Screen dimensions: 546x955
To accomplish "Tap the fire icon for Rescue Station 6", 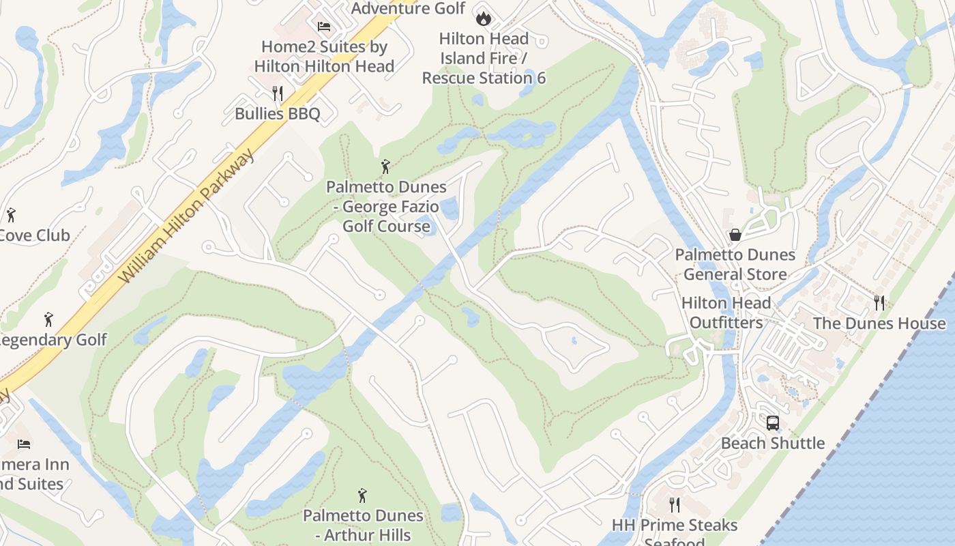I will pos(484,18).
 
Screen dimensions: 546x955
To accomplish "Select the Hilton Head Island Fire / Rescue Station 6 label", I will pos(484,59).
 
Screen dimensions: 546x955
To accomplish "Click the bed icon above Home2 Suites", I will pos(324,27).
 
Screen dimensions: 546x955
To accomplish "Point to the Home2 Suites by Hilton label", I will pos(324,57).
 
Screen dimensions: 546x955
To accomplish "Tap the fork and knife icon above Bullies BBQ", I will pos(277,93).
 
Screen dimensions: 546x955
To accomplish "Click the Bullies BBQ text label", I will pos(277,114).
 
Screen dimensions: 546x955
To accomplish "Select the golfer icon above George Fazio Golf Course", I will pos(385,166).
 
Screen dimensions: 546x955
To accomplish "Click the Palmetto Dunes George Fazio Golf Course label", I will pos(386,206).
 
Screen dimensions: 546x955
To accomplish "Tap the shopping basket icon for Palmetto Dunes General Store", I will pos(735,235).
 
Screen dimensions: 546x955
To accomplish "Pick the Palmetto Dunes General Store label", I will pos(735,264).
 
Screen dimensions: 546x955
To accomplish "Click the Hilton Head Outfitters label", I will pos(726,313).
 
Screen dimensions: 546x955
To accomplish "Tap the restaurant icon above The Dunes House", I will pos(879,302).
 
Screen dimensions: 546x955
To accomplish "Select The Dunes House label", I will pos(879,324).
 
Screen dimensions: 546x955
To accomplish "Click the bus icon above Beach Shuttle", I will pos(772,423).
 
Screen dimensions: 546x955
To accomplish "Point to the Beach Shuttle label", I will pos(772,444).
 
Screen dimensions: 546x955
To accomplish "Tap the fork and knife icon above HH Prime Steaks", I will pos(674,505).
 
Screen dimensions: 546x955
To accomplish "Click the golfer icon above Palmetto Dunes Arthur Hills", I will pos(362,495).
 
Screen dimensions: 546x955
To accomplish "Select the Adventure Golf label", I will pos(408,8).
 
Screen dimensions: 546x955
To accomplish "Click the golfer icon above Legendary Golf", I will pos(48,319).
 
